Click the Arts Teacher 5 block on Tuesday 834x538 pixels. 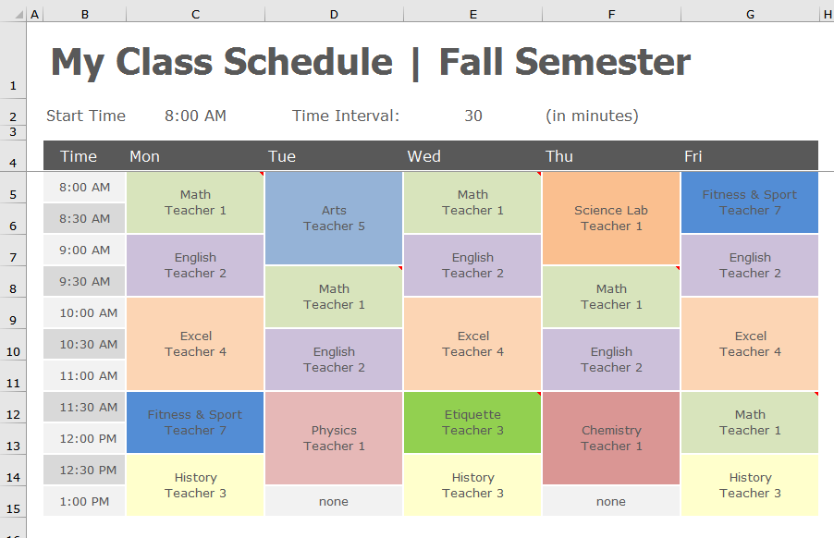[x=334, y=218]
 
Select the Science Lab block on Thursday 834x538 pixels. [x=611, y=218]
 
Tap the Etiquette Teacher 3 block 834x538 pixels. [x=472, y=422]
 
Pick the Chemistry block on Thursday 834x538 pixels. [x=611, y=438]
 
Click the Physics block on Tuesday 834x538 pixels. [x=334, y=438]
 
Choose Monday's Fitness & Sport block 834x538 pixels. [x=195, y=422]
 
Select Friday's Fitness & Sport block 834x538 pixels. [x=750, y=202]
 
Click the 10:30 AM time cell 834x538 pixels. [x=84, y=344]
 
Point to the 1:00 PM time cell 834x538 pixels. [x=84, y=501]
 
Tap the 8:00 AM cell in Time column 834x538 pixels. [x=84, y=187]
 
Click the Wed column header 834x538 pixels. [x=423, y=156]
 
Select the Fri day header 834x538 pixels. [x=693, y=156]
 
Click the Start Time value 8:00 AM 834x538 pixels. [x=195, y=116]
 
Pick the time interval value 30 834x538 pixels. [x=473, y=116]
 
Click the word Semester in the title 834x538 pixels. [x=603, y=62]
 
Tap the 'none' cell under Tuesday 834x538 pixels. [x=334, y=501]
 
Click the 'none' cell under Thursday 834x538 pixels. [x=611, y=501]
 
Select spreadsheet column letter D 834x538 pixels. [x=334, y=15]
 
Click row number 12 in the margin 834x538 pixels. [x=13, y=414]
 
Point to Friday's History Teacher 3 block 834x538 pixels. [x=750, y=485]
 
